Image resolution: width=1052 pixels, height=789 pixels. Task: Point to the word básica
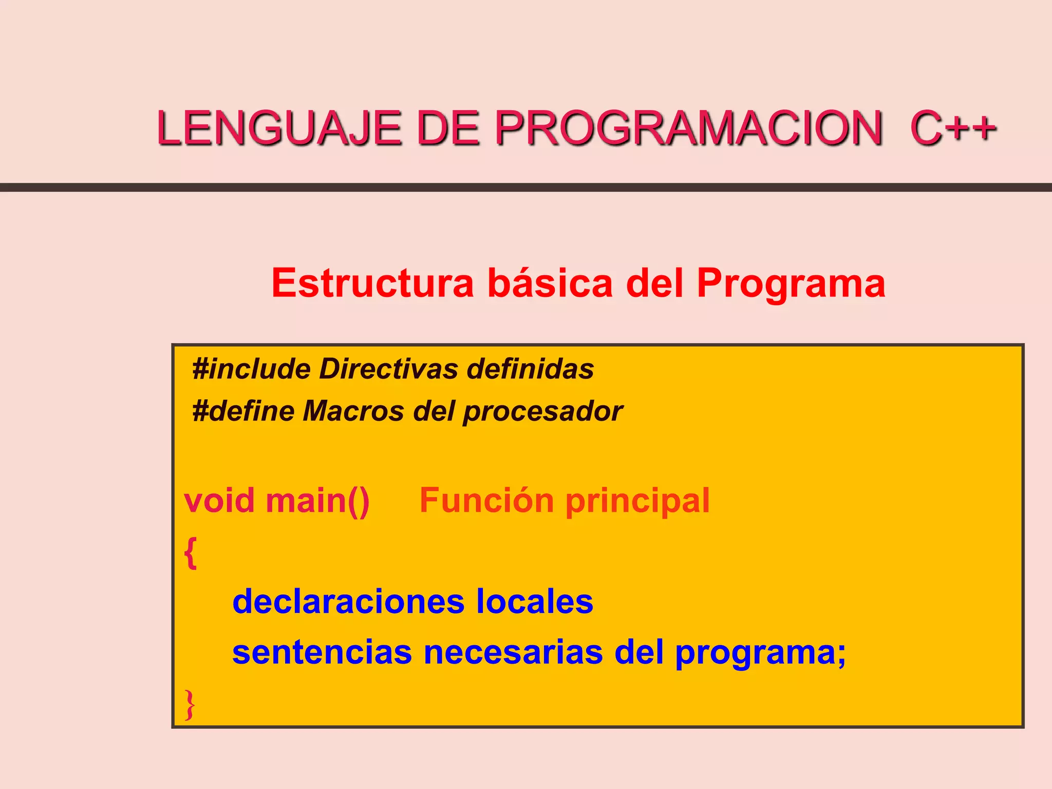550,283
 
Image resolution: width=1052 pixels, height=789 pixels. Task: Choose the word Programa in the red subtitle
791,284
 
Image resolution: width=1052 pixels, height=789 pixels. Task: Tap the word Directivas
388,369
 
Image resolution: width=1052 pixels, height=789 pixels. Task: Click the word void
219,500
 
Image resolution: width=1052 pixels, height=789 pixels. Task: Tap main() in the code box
317,501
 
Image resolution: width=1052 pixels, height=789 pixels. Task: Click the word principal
637,501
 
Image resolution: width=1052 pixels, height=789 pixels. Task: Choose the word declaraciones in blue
348,602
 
